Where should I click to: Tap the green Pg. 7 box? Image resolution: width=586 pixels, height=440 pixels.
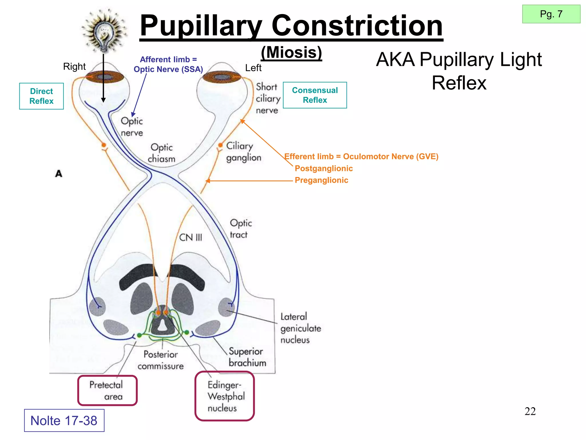pos(551,14)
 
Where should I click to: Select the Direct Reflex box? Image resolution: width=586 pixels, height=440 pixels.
pos(41,96)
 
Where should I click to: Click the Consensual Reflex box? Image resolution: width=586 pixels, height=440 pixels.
pos(315,95)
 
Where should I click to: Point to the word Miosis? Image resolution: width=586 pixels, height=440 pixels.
pos(291,53)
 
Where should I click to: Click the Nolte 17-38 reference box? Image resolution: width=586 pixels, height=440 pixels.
pos(64,421)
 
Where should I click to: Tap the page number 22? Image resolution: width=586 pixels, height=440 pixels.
pos(530,411)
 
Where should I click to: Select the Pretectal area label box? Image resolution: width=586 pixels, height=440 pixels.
pos(107,390)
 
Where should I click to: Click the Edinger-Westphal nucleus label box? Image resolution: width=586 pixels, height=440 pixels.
pos(225,396)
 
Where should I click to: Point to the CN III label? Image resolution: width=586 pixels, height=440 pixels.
pos(191,237)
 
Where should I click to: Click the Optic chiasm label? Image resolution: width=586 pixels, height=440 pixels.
pos(162,153)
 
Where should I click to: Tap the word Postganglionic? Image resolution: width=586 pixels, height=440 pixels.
pos(324,168)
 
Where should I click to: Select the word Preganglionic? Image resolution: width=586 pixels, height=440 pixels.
pos(321,180)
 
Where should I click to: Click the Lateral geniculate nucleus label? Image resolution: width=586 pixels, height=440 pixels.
pos(300,328)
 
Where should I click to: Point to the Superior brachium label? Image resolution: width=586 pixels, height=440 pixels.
pos(247,357)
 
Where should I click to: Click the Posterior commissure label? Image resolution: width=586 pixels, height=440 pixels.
pos(161,360)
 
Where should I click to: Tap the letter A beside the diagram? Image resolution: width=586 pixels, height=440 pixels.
pos(59,174)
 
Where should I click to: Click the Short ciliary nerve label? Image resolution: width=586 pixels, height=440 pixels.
pos(268,99)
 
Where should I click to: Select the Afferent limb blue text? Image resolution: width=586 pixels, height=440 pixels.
pos(168,64)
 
